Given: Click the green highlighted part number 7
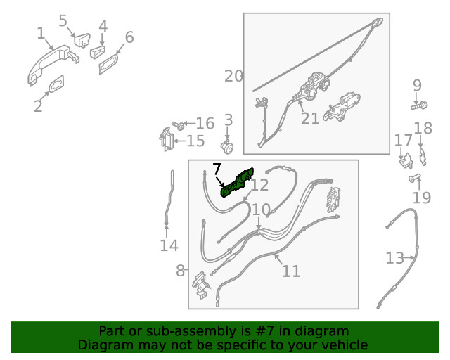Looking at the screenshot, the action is pos(237,183).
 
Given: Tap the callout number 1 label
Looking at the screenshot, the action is pos(41,33).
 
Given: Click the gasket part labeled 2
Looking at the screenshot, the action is pos(56,84).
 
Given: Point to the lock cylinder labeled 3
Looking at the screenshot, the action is pos(227,147).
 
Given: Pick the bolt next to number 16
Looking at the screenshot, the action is pos(178,125).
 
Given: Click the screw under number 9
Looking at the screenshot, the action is pos(419,106).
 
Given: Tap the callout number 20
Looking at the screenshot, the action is pos(233,77).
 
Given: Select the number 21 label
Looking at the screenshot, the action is pos(310,119).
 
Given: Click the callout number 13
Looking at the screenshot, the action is pos(395,258).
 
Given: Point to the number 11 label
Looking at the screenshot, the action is pos(291,271).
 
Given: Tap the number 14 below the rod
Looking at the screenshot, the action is pos(169,245).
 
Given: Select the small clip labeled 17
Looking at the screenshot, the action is pos(406,161).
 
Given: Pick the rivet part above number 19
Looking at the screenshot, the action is pos(414,178).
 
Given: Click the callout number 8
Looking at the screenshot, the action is pos(180,271).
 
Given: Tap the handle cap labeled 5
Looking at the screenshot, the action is pos(82,40).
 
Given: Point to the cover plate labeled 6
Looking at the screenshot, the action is pos(108,64).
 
